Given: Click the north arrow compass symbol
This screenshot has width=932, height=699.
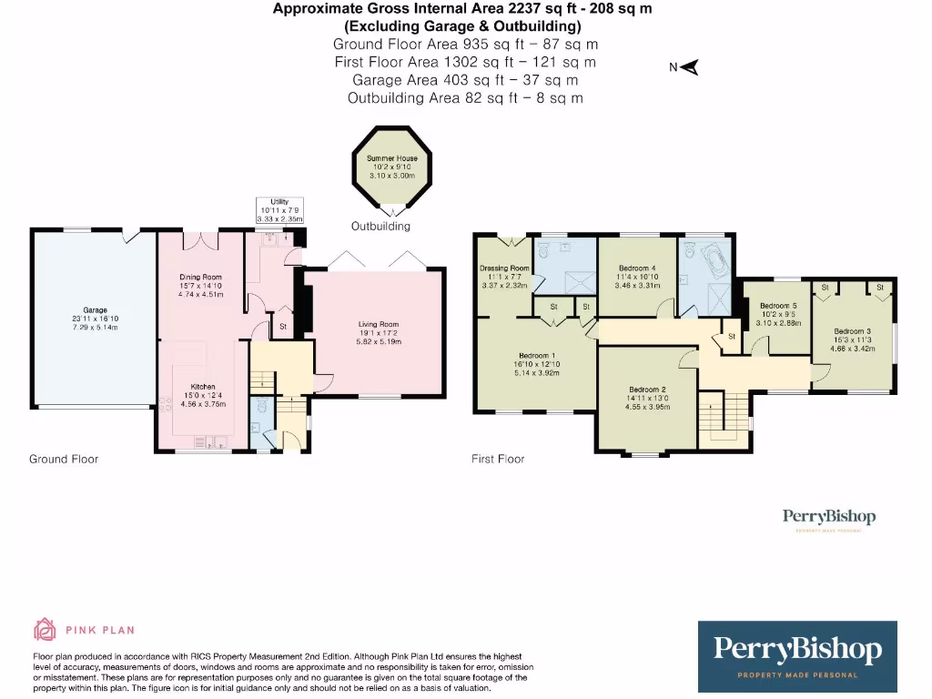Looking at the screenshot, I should (x=689, y=67).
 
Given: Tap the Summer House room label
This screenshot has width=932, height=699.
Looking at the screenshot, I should (x=392, y=158).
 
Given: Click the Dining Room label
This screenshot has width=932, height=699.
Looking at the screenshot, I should (x=199, y=277).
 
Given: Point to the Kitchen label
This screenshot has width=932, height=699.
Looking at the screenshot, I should (x=202, y=386).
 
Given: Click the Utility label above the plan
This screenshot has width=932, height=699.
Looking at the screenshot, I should (x=279, y=202).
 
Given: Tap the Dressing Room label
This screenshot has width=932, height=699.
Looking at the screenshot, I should (x=504, y=268).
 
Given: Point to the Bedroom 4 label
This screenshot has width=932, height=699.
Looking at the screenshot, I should (x=637, y=268).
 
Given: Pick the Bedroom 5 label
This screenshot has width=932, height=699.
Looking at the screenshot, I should (x=778, y=306).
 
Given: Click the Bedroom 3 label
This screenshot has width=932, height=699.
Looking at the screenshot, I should (x=854, y=331).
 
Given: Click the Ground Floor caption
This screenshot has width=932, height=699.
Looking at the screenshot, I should (x=64, y=460).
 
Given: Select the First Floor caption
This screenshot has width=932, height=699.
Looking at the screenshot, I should (x=498, y=460).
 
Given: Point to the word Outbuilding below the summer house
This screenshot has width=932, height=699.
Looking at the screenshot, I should (x=380, y=227).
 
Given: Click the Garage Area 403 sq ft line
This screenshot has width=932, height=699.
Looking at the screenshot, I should (x=465, y=80).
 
